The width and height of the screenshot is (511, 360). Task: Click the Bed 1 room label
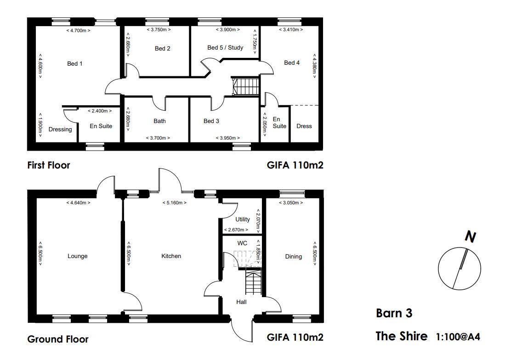[74, 63]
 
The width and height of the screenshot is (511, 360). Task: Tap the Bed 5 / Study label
[225, 48]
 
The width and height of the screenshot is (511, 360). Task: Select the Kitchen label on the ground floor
[171, 256]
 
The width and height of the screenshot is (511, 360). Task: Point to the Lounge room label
[78, 256]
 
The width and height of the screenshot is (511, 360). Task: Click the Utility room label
[243, 219]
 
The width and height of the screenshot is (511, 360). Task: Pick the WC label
[242, 243]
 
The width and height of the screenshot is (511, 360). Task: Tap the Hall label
[241, 302]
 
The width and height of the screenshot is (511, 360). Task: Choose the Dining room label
[293, 256]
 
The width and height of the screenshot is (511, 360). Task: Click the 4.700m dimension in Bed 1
[78, 31]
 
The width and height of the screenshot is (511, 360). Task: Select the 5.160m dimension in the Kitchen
[174, 202]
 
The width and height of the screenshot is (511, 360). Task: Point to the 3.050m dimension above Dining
[291, 202]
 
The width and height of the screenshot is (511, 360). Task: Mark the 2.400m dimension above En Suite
[100, 111]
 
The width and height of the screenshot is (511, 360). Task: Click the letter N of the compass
[470, 236]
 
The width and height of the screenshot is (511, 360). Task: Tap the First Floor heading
[49, 165]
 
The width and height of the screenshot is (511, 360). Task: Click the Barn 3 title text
[394, 313]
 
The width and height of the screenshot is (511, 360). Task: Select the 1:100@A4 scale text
[458, 337]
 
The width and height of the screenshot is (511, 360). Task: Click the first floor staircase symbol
[246, 86]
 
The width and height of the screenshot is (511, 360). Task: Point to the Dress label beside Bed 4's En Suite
[304, 126]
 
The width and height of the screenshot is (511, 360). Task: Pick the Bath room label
[160, 121]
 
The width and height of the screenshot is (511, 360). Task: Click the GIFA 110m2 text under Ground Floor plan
[295, 337]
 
